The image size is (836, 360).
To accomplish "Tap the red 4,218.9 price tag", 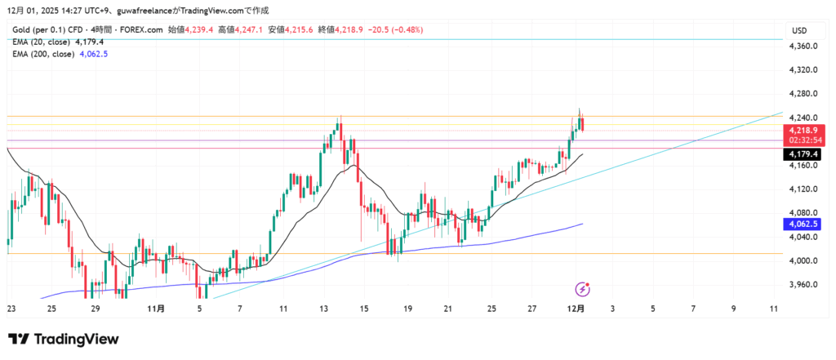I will [x=804, y=130].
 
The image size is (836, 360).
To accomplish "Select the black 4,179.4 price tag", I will [x=804, y=154].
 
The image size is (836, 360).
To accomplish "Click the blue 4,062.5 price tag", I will [x=804, y=224].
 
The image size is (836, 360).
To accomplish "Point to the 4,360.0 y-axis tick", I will [x=804, y=47].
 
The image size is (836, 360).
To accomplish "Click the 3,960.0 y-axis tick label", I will [x=804, y=284].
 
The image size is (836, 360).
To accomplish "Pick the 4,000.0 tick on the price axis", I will [x=804, y=260].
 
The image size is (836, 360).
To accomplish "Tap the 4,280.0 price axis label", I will [x=804, y=94].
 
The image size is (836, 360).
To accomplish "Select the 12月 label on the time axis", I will [x=576, y=309].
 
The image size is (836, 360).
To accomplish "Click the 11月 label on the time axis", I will [x=158, y=309].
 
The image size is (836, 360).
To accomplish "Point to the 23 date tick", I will [x=11, y=309].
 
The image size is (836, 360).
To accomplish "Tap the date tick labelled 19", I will [x=407, y=309].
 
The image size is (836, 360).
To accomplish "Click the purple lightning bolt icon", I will [x=583, y=288].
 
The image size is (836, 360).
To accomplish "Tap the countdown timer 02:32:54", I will [x=804, y=140].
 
